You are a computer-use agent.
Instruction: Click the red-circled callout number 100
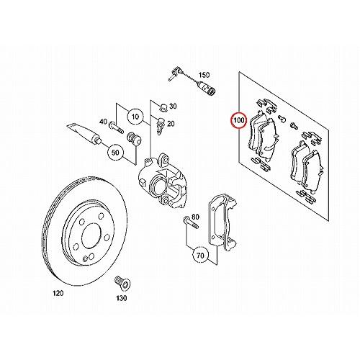(x=237, y=119)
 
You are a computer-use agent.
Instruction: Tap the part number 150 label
(x=203, y=75)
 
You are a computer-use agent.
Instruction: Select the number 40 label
(x=103, y=122)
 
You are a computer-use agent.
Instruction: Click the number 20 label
(x=170, y=124)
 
